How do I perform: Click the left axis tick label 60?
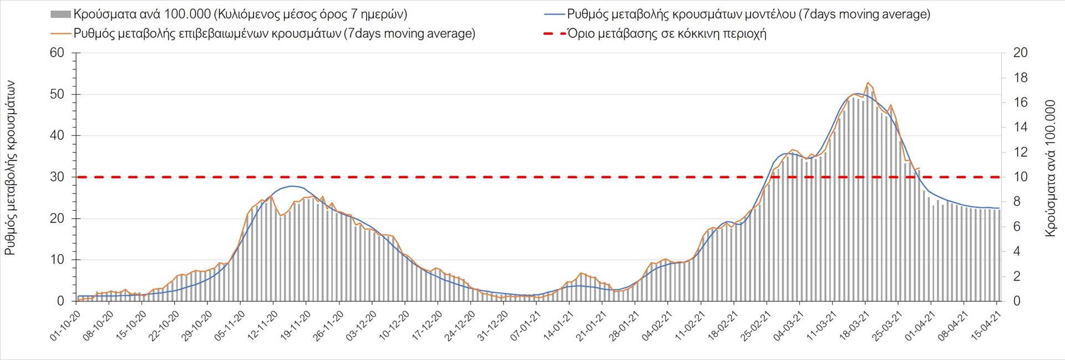coord(57,53)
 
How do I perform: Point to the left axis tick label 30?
coord(57,177)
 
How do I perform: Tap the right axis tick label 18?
coord(1021,78)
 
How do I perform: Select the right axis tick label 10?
coord(1021,177)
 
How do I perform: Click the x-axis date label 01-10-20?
coord(66,326)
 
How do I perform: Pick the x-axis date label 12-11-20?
coord(263,326)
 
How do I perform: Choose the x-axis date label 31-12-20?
coord(493,326)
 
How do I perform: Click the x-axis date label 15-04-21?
coord(986,326)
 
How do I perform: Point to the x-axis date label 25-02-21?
coord(756,326)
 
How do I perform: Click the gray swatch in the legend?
coord(60,14)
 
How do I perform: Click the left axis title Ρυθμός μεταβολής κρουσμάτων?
coord(10,168)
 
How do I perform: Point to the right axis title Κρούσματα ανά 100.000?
coord(1051,168)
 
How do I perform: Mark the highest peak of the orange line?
coord(868,83)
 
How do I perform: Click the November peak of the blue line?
coord(292,186)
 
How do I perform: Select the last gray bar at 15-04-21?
coord(998,255)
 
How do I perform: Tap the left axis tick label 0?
coord(60,301)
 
